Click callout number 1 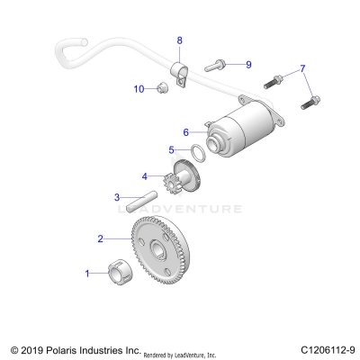[x=87, y=272]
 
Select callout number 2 [x=101, y=238]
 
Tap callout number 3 [x=116, y=197]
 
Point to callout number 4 [x=144, y=175]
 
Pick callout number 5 [x=171, y=149]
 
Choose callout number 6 [x=186, y=130]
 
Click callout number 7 [x=303, y=68]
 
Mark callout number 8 [x=179, y=40]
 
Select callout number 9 [x=248, y=64]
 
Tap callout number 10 [x=139, y=88]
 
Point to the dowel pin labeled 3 [x=146, y=200]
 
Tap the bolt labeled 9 [x=216, y=65]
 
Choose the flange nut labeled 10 [x=161, y=86]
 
